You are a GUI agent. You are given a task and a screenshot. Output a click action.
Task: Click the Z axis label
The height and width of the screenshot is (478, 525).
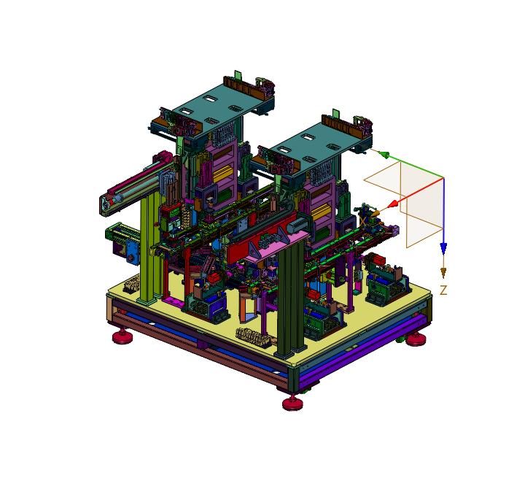pyautogui.click(x=443, y=290)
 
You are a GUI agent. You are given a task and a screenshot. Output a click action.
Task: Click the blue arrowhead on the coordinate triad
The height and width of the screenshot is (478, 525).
pyautogui.click(x=443, y=249)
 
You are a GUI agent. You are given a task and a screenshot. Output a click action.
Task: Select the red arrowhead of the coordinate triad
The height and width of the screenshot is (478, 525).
pyautogui.click(x=392, y=203)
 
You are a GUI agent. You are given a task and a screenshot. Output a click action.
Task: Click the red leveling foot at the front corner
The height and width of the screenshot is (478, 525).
pyautogui.click(x=292, y=402)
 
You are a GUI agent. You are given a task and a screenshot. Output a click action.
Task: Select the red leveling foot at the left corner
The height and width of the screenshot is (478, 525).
pyautogui.click(x=121, y=336)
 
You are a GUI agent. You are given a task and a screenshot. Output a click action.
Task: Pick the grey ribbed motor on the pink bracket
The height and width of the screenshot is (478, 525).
pyautogui.click(x=294, y=228)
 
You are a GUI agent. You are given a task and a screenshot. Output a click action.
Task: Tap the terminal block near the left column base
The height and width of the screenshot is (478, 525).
pyautogui.click(x=133, y=285)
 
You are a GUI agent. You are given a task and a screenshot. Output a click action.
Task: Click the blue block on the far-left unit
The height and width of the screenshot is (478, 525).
pyautogui.click(x=133, y=253)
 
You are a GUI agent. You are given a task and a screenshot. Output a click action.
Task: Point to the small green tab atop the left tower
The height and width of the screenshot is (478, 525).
pyautogui.click(x=238, y=75)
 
